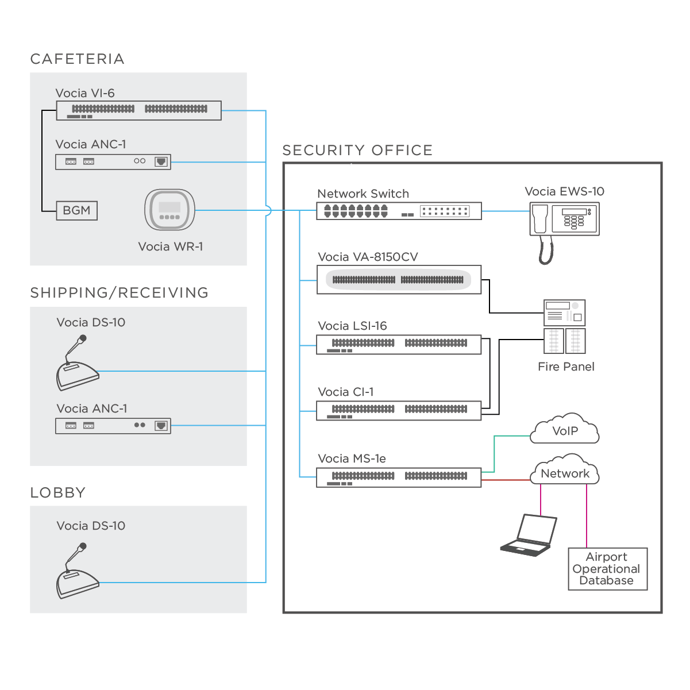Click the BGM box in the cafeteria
point(77,210)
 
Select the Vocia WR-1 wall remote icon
point(169,210)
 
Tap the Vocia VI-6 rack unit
point(138,110)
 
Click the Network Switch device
point(399,211)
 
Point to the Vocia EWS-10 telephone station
point(564,221)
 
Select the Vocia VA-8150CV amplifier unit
point(399,280)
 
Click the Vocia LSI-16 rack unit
point(399,345)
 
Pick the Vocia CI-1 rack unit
point(399,411)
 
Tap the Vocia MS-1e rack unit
point(399,477)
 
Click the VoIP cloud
point(565,431)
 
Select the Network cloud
point(565,473)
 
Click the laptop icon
point(529,535)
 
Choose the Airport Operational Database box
point(607,569)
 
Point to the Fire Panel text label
point(566,367)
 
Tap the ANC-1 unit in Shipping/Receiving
point(113,426)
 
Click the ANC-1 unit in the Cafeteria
point(113,161)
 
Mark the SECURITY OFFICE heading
point(357,150)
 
